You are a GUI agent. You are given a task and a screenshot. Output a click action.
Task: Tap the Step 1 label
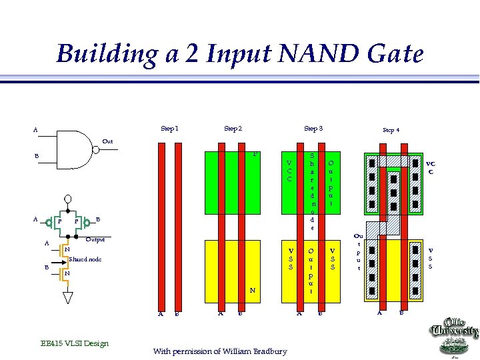click(169, 129)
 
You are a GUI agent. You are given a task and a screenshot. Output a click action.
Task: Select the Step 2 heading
click(233, 129)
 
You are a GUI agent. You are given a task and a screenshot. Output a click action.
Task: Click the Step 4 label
click(391, 131)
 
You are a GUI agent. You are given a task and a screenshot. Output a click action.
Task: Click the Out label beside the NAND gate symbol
click(107, 141)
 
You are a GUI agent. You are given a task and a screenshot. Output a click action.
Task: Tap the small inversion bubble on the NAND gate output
click(96, 150)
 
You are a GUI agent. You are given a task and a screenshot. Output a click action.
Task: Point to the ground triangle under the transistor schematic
click(67, 297)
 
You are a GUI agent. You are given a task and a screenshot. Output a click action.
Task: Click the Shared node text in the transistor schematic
click(85, 259)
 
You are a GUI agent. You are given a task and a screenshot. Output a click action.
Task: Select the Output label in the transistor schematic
click(96, 239)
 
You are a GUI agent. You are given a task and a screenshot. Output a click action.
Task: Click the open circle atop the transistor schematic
click(67, 199)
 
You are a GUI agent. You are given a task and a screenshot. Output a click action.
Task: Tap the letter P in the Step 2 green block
click(255, 155)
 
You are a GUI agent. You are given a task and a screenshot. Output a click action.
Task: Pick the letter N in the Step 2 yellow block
click(253, 290)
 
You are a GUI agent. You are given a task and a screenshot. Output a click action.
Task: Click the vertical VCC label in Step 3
click(289, 171)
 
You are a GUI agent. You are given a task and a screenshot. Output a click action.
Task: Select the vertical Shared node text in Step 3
click(311, 191)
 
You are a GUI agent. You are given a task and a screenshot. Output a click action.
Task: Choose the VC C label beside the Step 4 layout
click(431, 167)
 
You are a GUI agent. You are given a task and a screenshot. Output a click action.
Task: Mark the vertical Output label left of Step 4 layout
click(358, 251)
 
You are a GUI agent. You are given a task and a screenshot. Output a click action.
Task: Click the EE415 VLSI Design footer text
click(74, 343)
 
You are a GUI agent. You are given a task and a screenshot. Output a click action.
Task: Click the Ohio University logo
click(454, 336)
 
